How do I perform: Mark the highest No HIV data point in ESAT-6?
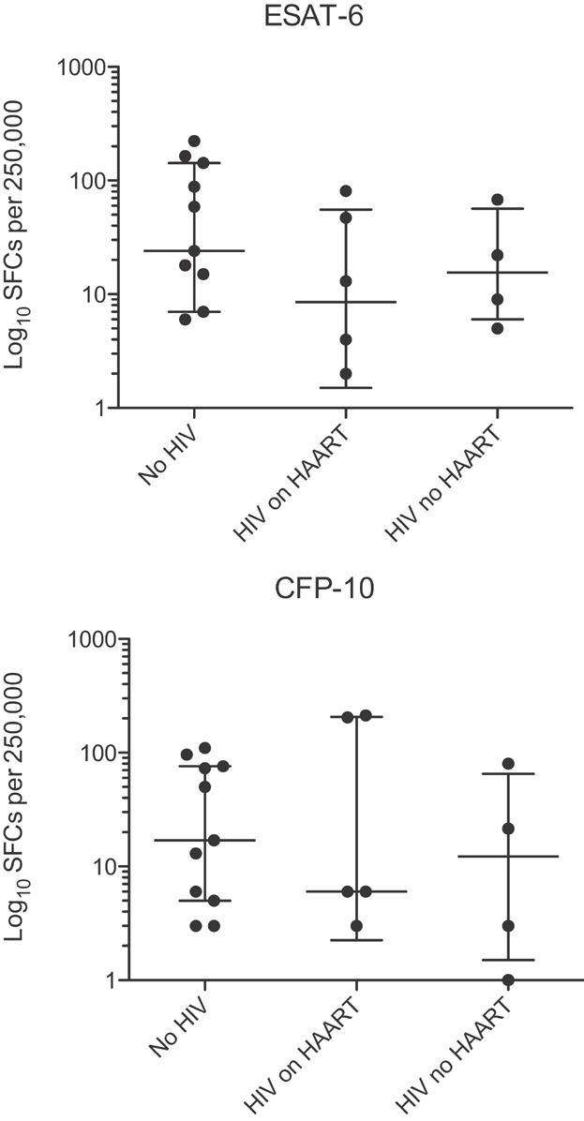pos(194,142)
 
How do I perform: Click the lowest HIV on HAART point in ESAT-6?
pos(346,373)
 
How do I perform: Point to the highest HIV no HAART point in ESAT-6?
pos(498,200)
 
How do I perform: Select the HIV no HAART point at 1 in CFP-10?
pos(508,979)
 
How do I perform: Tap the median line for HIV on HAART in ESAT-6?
pos(346,302)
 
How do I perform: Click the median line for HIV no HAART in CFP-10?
pos(508,856)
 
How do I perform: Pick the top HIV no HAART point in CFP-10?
pos(508,764)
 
